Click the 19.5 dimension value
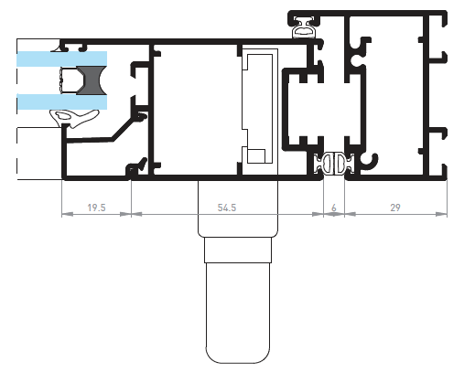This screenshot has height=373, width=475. (x=96, y=208)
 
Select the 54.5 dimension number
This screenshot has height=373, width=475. (x=227, y=208)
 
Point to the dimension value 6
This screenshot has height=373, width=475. (x=334, y=208)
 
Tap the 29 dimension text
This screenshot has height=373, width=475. (x=395, y=208)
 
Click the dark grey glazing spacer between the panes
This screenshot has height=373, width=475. (x=92, y=80)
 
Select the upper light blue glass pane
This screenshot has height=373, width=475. (x=61, y=59)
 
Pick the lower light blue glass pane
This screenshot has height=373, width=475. (x=61, y=101)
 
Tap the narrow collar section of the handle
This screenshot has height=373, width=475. (x=238, y=250)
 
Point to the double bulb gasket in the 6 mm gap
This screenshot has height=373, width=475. (x=334, y=164)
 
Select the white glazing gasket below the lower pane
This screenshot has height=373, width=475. (x=74, y=118)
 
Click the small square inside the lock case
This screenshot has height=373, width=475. (x=256, y=156)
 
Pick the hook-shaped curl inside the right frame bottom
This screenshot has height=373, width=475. (x=371, y=161)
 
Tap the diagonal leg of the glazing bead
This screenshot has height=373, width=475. (x=124, y=129)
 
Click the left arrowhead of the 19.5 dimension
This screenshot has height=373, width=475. (x=67, y=214)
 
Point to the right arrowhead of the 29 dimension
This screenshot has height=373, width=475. (x=441, y=214)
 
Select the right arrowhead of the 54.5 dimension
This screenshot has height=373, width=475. (x=318, y=214)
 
